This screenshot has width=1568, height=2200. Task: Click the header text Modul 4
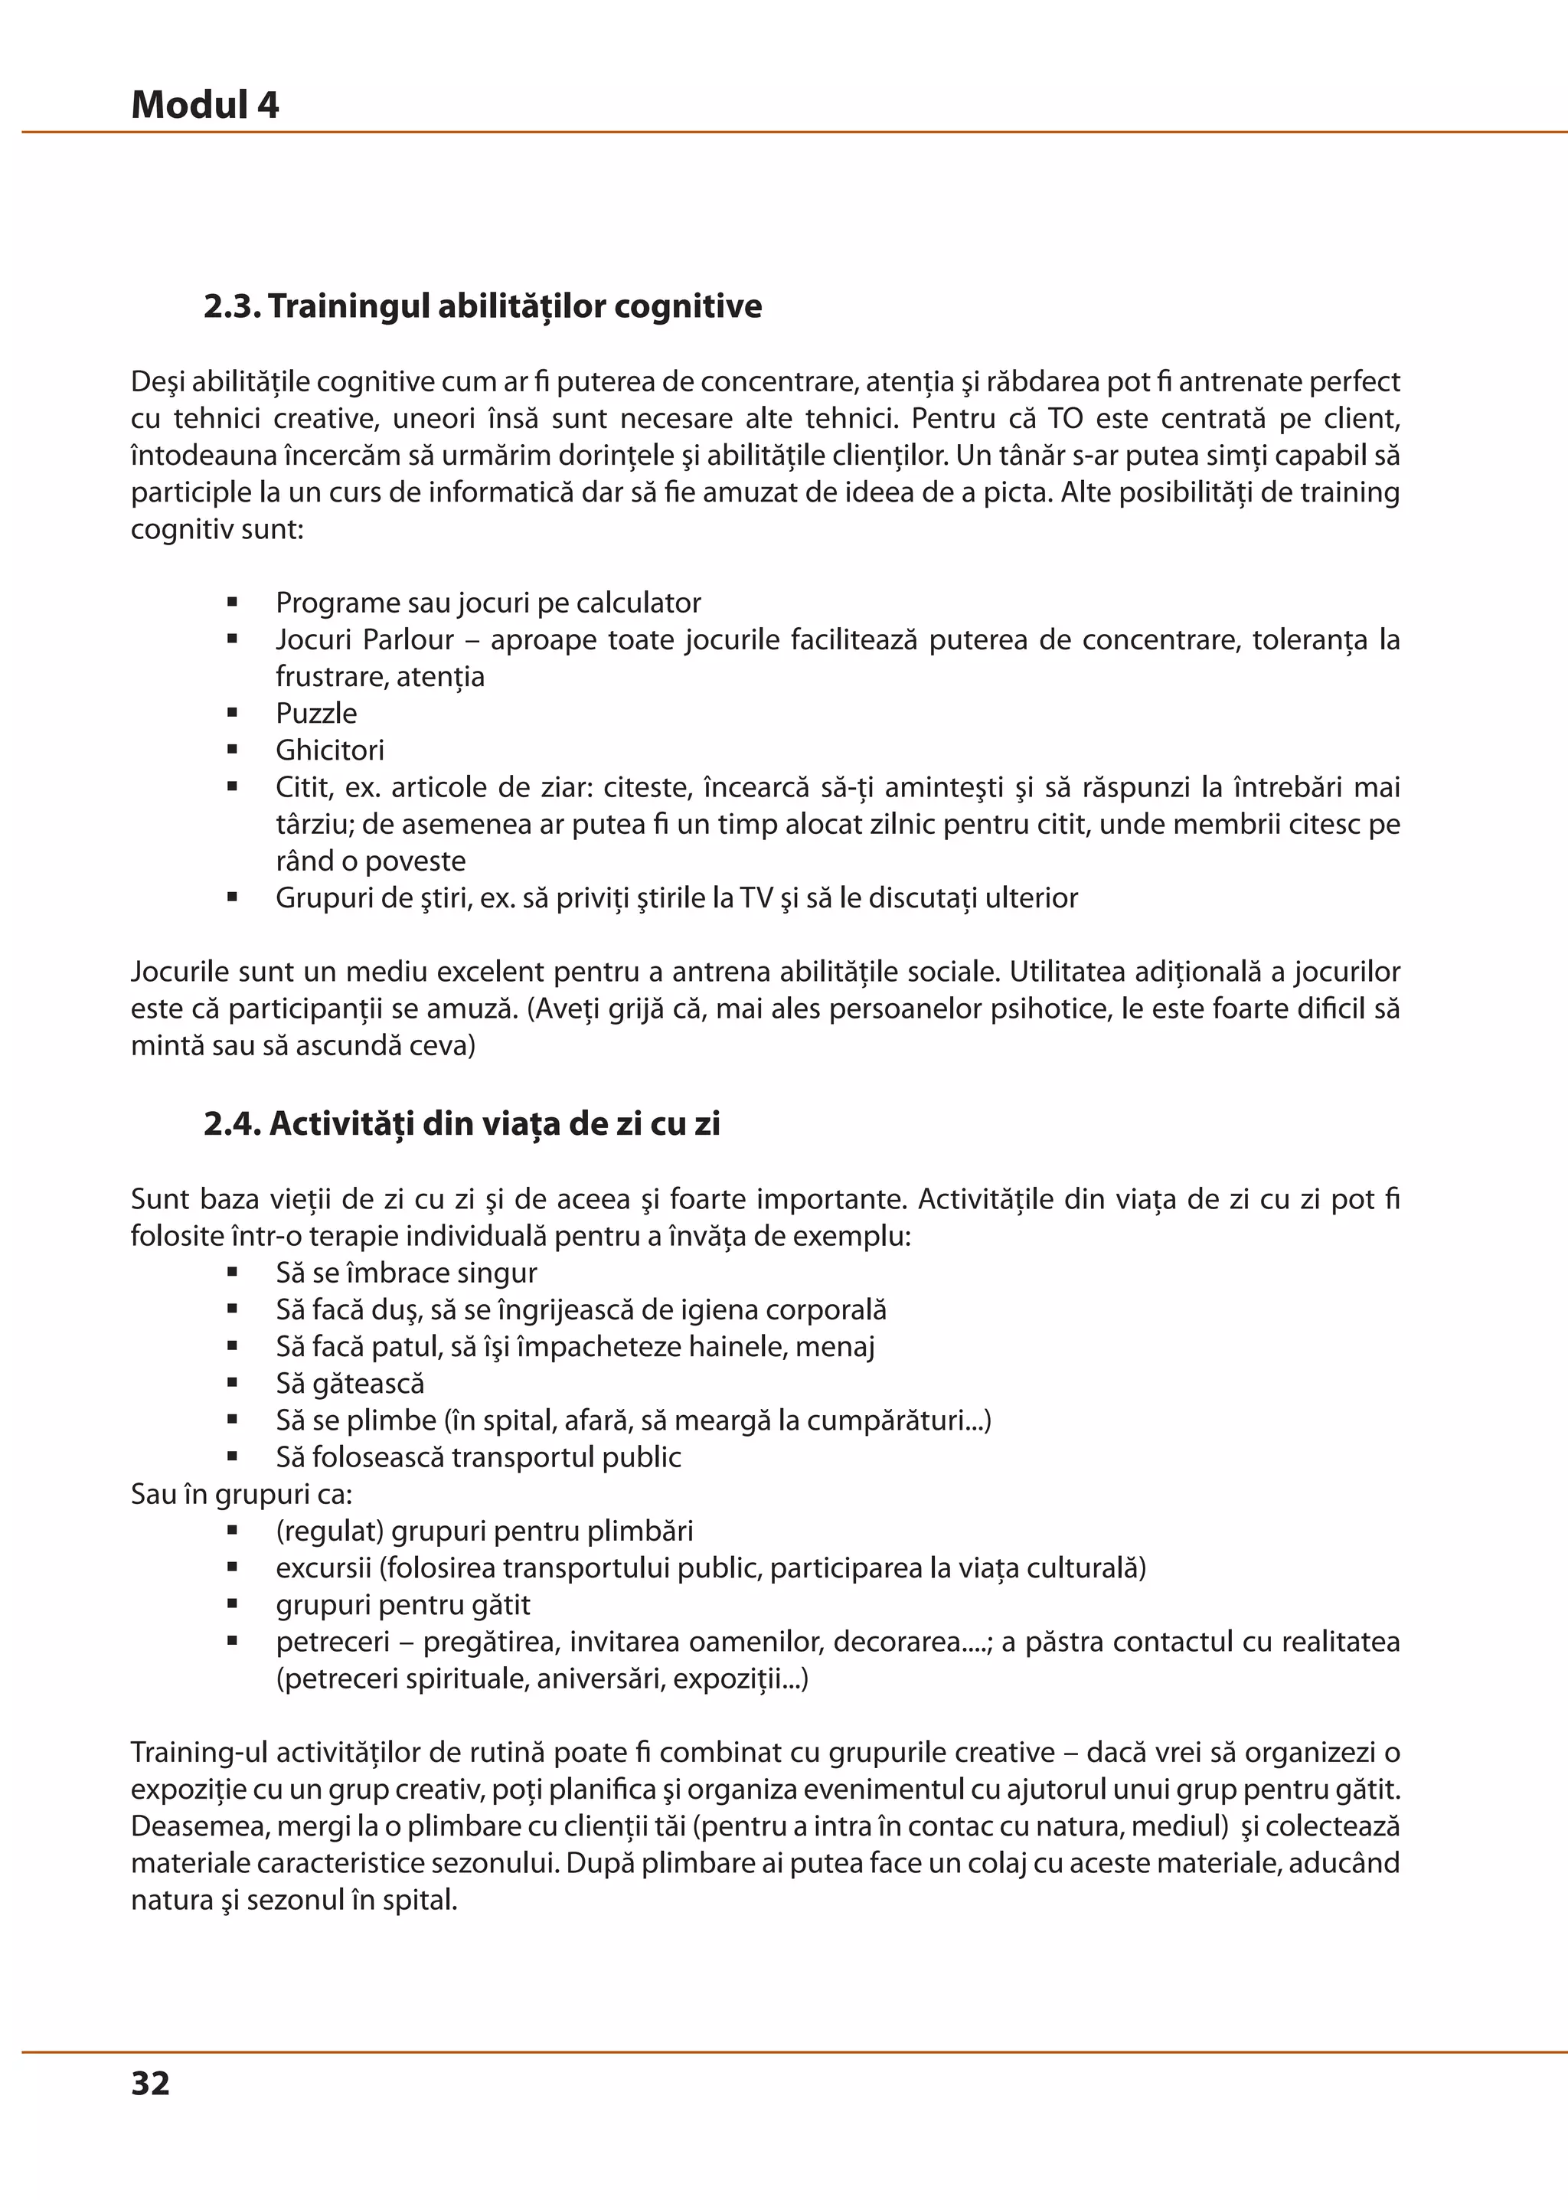(204, 104)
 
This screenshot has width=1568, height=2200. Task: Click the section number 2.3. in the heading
(232, 306)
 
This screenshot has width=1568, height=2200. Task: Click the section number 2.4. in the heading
(233, 1123)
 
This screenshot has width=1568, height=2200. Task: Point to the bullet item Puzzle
(315, 713)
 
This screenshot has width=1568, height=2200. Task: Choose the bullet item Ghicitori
(329, 750)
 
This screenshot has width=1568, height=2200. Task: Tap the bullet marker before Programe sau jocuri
(233, 603)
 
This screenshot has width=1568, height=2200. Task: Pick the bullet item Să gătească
(350, 1383)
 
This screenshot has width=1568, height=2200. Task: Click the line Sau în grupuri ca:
(241, 1494)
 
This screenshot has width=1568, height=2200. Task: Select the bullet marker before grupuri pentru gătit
(233, 1604)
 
